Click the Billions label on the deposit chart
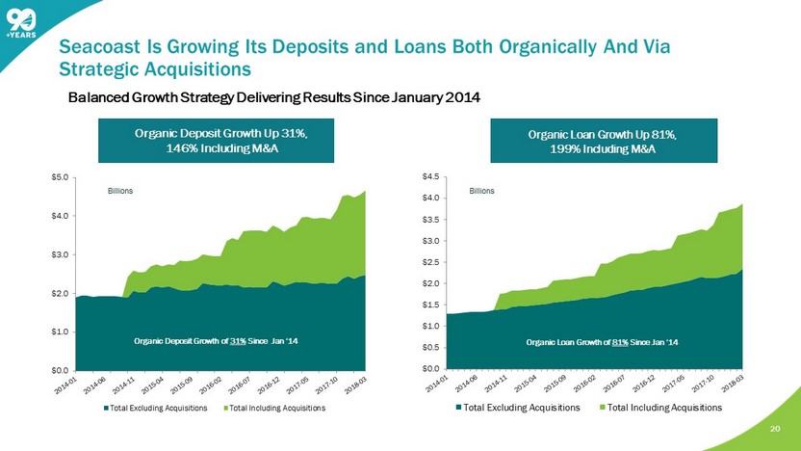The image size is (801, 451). (119, 192)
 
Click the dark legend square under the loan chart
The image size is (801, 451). (458, 408)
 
